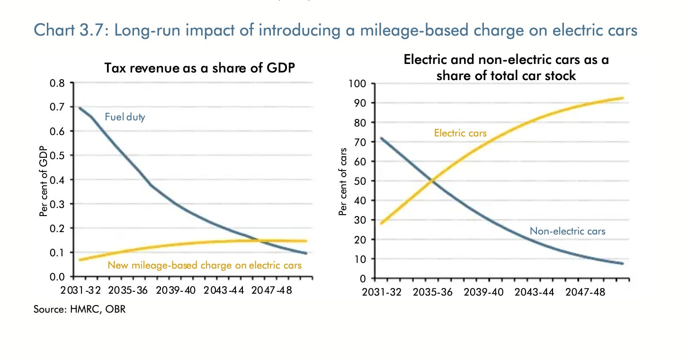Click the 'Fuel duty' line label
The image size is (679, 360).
click(x=125, y=116)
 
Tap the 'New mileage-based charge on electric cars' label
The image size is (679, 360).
click(x=205, y=265)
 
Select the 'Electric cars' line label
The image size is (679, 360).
click(x=460, y=133)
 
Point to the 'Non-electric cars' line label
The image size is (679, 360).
click(x=567, y=231)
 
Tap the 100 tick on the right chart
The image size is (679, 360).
click(x=357, y=84)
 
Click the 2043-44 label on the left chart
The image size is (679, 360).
click(x=224, y=290)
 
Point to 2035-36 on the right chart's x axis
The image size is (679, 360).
click(x=432, y=292)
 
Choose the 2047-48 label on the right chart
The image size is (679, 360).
click(x=585, y=292)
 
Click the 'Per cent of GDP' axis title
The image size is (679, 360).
click(x=43, y=180)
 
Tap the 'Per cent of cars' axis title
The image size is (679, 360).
click(x=343, y=182)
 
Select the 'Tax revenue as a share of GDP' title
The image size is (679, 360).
click(x=199, y=68)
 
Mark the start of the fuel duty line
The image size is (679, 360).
click(x=79, y=108)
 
